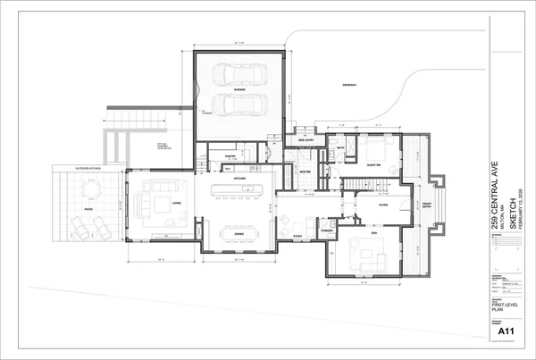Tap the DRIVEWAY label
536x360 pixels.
[350, 86]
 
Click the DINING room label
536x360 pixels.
[239, 234]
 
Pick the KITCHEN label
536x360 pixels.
[239, 179]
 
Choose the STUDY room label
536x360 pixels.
[297, 236]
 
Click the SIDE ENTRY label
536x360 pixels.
[306, 140]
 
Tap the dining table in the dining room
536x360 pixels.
[239, 222]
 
